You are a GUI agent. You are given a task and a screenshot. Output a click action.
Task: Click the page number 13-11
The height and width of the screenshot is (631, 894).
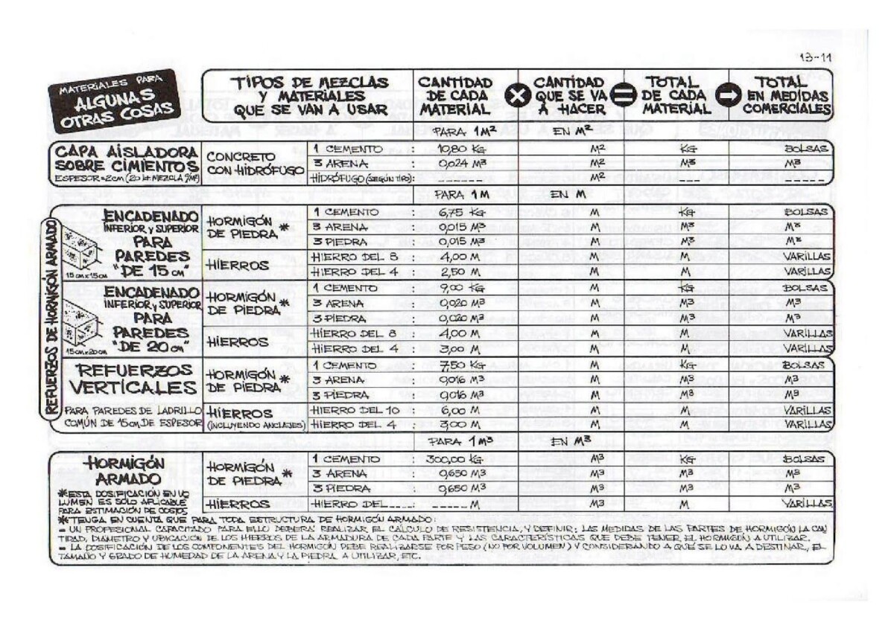(815, 57)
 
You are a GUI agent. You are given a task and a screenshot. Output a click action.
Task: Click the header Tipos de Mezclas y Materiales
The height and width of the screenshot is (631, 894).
(310, 96)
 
